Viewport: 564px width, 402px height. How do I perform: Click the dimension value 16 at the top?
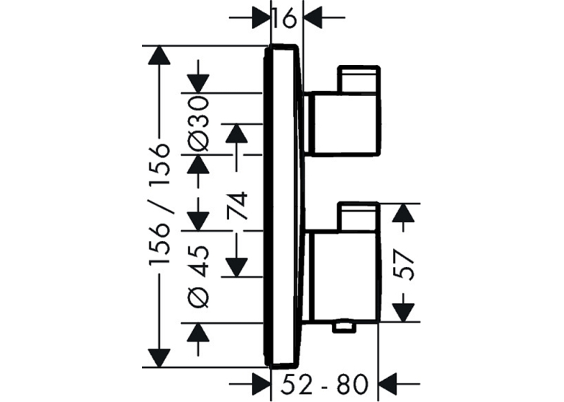tap(284, 18)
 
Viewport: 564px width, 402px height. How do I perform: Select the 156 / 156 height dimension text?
tap(159, 205)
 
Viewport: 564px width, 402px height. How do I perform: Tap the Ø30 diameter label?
tap(198, 124)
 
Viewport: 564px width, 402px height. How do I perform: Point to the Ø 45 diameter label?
tap(198, 277)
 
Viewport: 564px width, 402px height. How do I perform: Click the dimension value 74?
tap(237, 206)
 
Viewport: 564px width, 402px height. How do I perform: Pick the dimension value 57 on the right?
tap(403, 265)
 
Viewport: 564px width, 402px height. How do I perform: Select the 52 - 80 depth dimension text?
tap(325, 384)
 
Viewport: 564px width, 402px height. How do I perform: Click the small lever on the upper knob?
tap(359, 79)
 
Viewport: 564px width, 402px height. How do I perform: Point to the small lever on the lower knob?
tap(359, 217)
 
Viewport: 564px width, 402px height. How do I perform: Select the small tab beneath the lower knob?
tap(344, 326)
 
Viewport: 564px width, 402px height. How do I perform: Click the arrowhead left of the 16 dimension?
tap(261, 17)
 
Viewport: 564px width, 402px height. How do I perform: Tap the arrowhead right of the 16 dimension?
tap(314, 17)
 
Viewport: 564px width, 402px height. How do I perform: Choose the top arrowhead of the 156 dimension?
tap(158, 56)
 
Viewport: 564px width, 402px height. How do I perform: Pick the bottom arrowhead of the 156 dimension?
tap(158, 358)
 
